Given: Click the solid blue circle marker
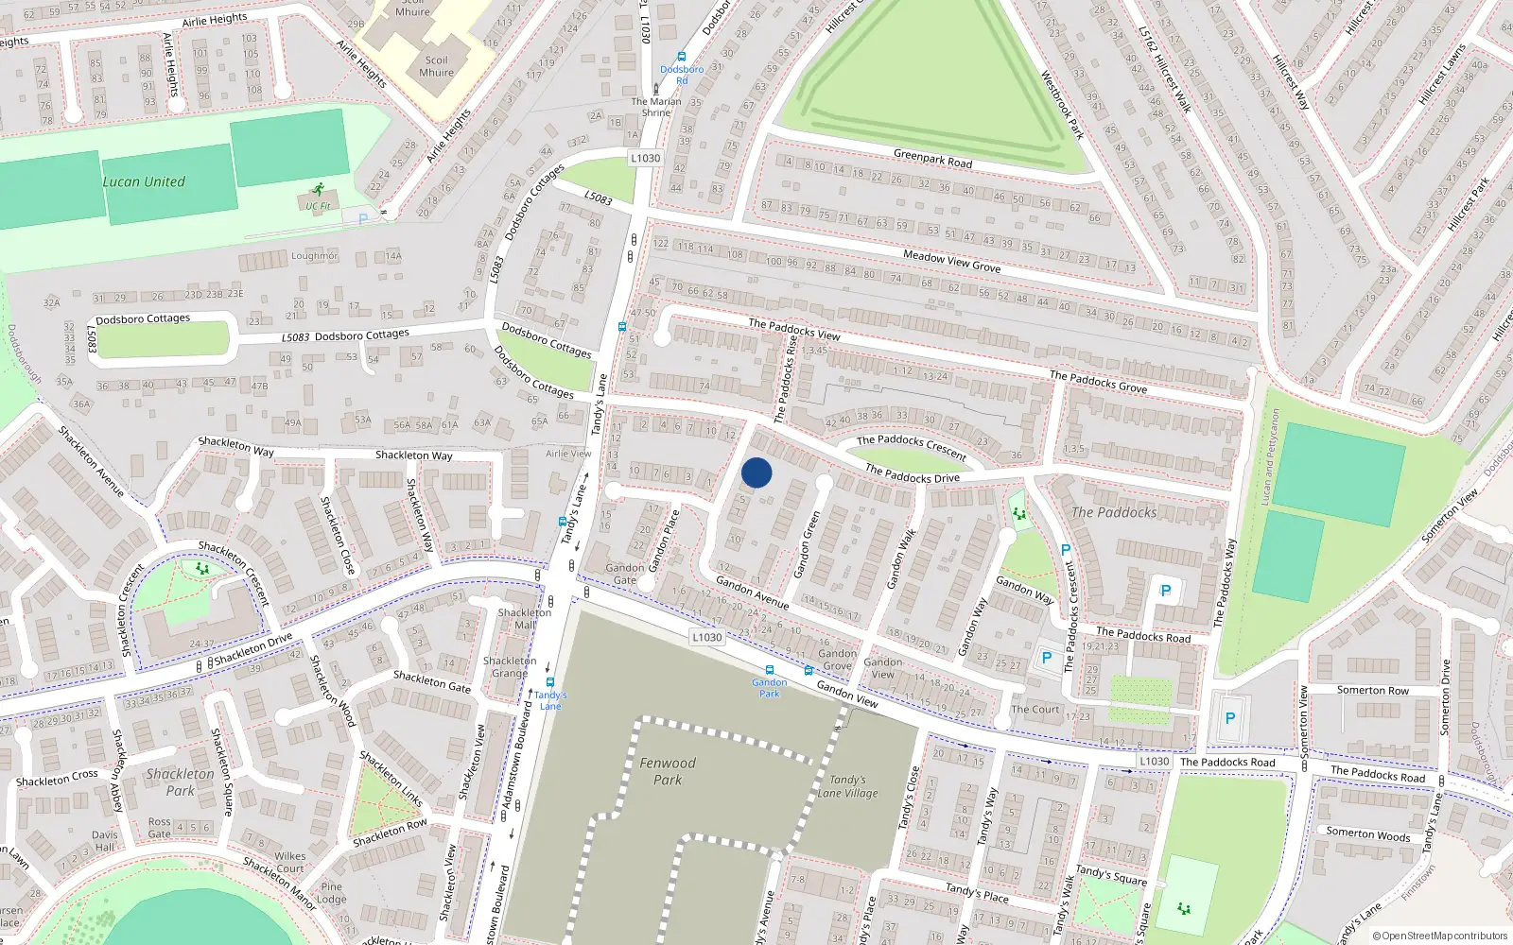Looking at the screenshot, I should (756, 472).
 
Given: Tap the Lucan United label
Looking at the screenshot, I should (144, 181).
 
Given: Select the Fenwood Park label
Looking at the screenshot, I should (668, 771).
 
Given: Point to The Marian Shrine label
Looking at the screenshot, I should (656, 107).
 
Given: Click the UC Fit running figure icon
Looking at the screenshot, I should (319, 190).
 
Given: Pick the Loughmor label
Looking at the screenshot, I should (314, 256).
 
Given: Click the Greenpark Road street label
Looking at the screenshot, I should (932, 158).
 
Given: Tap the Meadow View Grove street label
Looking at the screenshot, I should (951, 261).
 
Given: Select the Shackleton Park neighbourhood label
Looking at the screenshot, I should (180, 782).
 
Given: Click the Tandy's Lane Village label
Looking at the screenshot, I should (848, 786).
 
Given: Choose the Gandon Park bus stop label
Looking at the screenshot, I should (770, 687).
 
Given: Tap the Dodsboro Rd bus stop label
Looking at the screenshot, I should (682, 75).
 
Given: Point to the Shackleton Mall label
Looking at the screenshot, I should (525, 619).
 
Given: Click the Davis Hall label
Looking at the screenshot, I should (104, 841).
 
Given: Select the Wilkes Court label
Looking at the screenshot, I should (290, 862).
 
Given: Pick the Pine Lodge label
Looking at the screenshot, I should (332, 893).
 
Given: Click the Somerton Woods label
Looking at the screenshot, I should (1368, 833).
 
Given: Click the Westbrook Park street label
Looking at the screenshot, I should (1062, 105).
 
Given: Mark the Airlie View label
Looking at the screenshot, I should (568, 454).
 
